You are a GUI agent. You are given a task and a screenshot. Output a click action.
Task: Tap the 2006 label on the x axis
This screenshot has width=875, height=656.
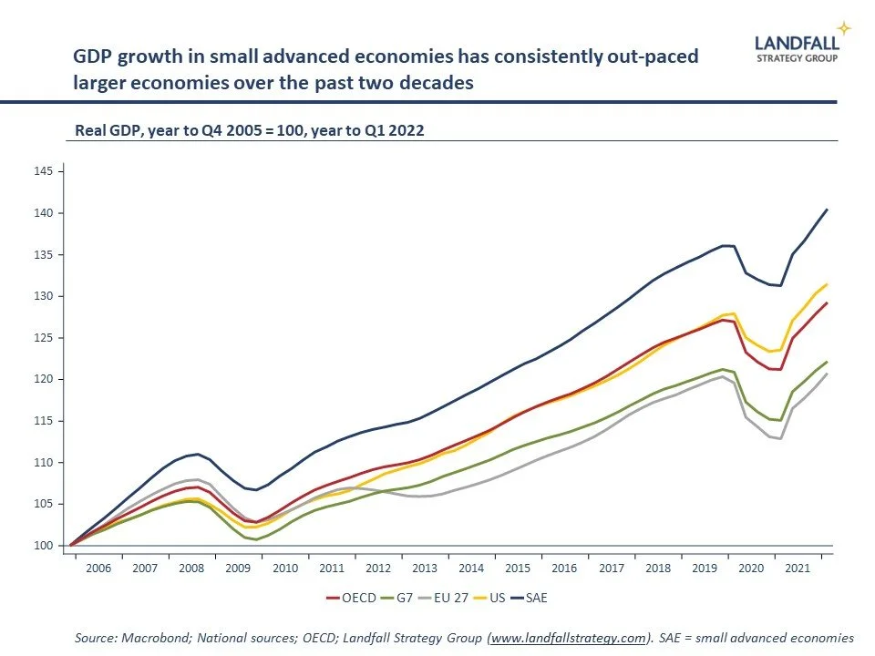(x=98, y=568)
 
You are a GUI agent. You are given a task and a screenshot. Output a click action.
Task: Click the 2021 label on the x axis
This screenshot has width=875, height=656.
(x=798, y=568)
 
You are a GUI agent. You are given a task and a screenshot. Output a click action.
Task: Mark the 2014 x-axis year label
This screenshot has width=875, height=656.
(x=471, y=568)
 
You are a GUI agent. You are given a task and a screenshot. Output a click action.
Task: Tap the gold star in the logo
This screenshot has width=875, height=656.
(x=844, y=28)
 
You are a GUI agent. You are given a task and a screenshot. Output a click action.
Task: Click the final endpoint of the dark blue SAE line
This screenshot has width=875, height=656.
(x=827, y=210)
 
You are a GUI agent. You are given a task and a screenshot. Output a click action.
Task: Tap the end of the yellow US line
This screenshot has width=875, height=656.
(x=827, y=284)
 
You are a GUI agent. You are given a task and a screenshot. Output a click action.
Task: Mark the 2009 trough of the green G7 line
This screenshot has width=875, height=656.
(x=256, y=539)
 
